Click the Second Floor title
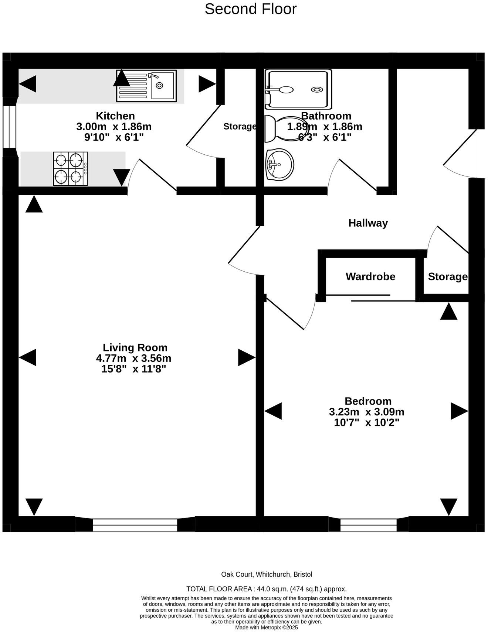point(250,9)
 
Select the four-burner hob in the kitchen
point(70,169)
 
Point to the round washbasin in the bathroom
point(279,165)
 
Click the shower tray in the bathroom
point(298,89)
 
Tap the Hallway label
point(368,223)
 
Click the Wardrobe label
point(370,276)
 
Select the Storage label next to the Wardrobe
point(447,276)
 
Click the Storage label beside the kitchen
point(240,127)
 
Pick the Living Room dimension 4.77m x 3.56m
point(133,358)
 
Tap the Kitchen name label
point(115,116)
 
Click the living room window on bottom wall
point(135,524)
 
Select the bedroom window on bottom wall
point(368,525)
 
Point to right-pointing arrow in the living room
point(246,357)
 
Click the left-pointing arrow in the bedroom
point(273,411)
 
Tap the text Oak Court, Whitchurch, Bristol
point(267,574)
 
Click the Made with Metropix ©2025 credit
point(266,627)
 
